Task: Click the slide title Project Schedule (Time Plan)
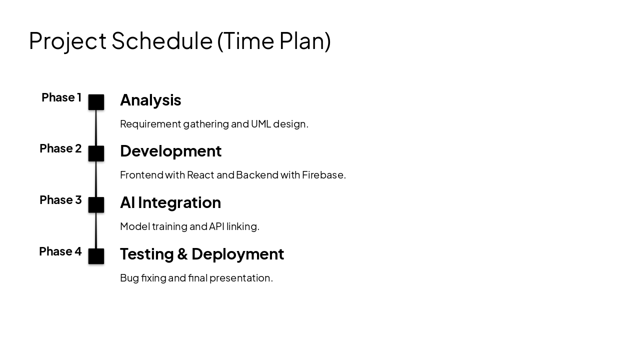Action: coord(179,41)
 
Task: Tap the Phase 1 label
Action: coord(61,97)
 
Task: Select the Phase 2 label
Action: coord(60,148)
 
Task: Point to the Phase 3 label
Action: coord(60,200)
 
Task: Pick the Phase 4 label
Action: coord(60,251)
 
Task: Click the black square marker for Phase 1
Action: coord(96,102)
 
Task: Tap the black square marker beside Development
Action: coord(96,153)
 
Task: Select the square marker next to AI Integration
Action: coord(96,205)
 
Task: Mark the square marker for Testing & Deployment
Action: coord(96,256)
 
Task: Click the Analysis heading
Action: coord(150,100)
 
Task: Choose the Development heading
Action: coord(170,151)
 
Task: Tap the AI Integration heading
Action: coord(170,202)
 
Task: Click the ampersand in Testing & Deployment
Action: coord(182,254)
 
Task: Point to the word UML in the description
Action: coord(260,124)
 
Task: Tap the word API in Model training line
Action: coord(216,226)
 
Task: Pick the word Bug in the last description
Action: coord(129,278)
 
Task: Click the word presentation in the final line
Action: coord(240,278)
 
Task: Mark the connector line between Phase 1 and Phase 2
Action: coord(96,128)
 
